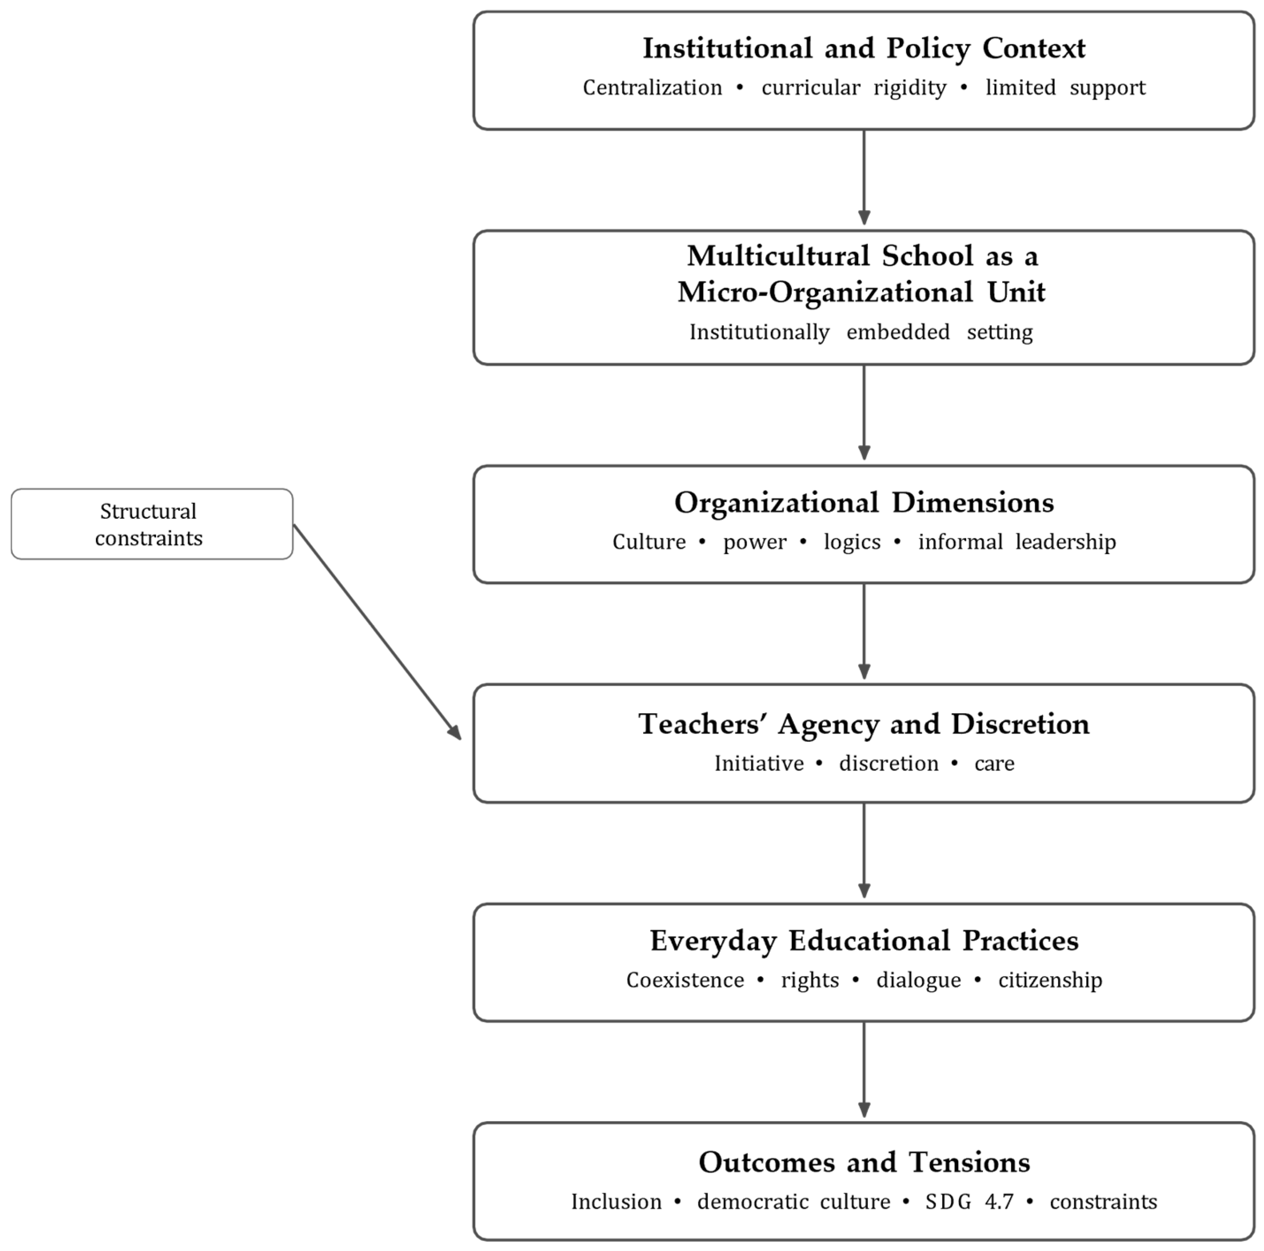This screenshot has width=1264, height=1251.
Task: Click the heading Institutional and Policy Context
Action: point(864,48)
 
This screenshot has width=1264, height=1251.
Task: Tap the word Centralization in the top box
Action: point(652,88)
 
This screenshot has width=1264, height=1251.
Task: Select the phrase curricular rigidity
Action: point(853,88)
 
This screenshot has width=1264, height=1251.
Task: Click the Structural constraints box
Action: point(151,524)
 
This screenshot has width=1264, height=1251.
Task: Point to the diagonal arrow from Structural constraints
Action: point(377,632)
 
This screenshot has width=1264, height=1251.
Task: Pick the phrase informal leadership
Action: point(1017,542)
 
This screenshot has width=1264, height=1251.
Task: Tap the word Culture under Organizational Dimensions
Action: point(648,542)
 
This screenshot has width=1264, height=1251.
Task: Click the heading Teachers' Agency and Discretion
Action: point(864,724)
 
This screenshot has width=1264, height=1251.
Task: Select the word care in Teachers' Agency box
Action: point(994,764)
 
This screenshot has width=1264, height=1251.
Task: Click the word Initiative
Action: point(759,764)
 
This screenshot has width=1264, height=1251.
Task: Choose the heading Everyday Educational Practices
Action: point(864,941)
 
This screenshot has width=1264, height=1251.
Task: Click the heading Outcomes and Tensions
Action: point(864,1163)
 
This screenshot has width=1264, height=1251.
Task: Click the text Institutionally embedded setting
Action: point(861,332)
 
